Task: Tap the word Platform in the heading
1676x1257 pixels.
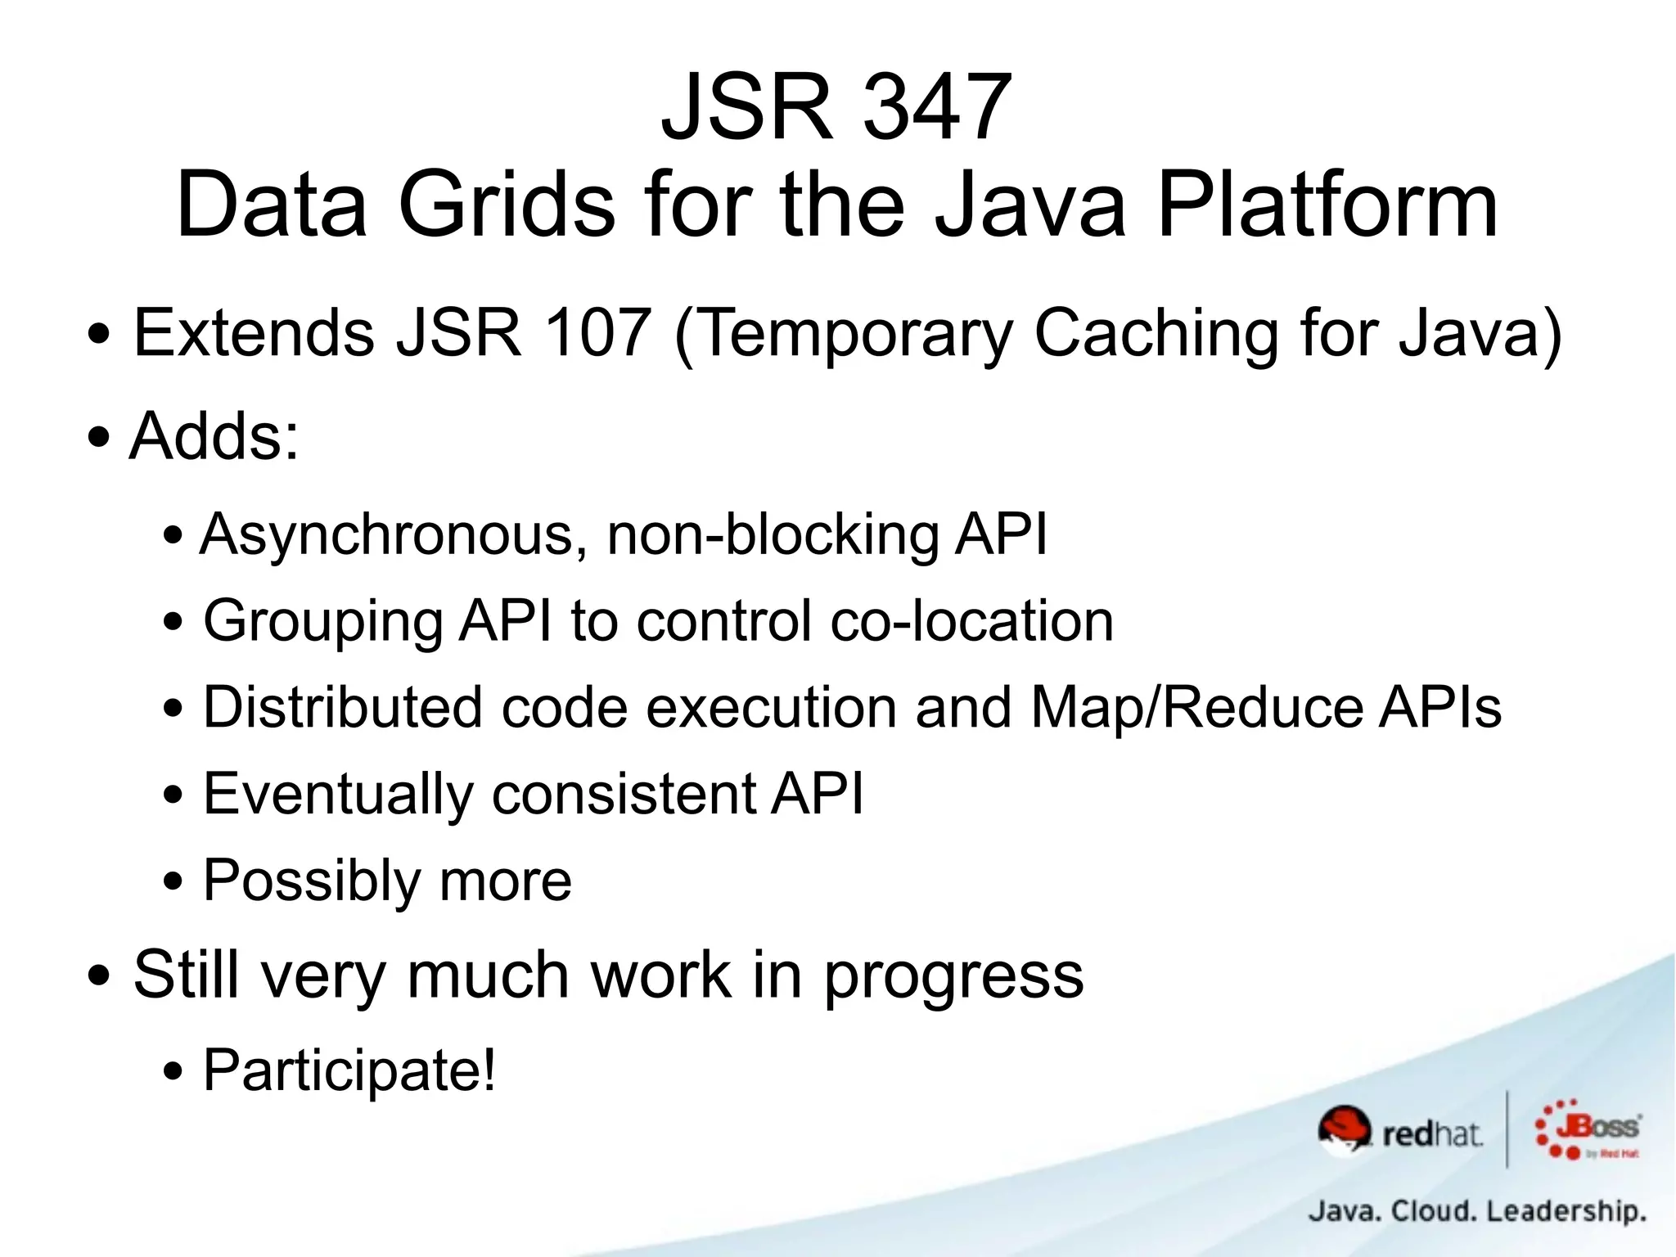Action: point(1327,205)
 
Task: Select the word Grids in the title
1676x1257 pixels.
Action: point(506,205)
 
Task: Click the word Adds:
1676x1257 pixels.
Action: point(214,436)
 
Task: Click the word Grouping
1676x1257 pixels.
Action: point(322,623)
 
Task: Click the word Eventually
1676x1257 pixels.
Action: point(338,795)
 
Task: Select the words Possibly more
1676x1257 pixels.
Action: point(387,882)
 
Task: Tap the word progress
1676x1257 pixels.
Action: point(953,976)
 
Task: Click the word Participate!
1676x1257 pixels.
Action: point(349,1070)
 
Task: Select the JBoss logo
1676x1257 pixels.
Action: point(1588,1129)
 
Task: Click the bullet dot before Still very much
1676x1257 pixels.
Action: point(99,977)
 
